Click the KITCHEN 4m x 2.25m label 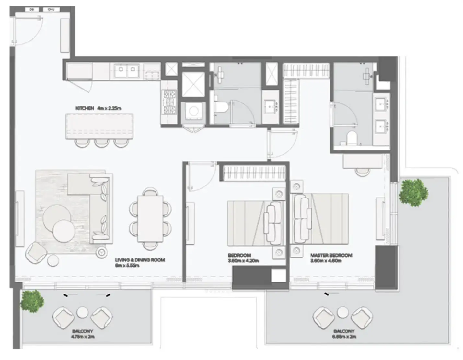98,108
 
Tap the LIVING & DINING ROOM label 140,263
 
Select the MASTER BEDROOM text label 331,258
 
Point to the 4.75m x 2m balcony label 83,334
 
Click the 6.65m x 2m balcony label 344,334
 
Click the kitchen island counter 99,126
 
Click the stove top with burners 169,102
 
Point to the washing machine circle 194,111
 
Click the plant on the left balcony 32,301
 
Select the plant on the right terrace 413,192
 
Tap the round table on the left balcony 82,313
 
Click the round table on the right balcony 342,313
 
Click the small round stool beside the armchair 53,260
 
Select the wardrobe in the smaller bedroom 253,173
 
